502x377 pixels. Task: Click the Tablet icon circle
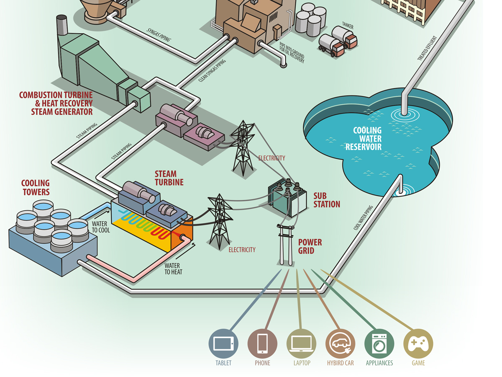(x=223, y=344)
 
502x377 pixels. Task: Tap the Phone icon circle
(x=262, y=344)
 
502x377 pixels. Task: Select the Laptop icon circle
(x=301, y=344)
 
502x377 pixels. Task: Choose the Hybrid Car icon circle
(x=340, y=344)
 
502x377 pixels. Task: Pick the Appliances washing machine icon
(x=379, y=344)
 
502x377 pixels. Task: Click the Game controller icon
(x=418, y=344)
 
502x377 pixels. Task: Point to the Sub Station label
(x=327, y=200)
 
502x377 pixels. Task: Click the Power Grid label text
(x=310, y=247)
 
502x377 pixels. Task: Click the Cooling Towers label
(x=36, y=187)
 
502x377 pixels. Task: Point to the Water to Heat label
(x=172, y=269)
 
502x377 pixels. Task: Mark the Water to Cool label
(x=101, y=227)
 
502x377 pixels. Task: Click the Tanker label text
(x=348, y=27)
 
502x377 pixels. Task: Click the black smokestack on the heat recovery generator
(x=62, y=25)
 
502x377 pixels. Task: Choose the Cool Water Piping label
(x=364, y=218)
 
